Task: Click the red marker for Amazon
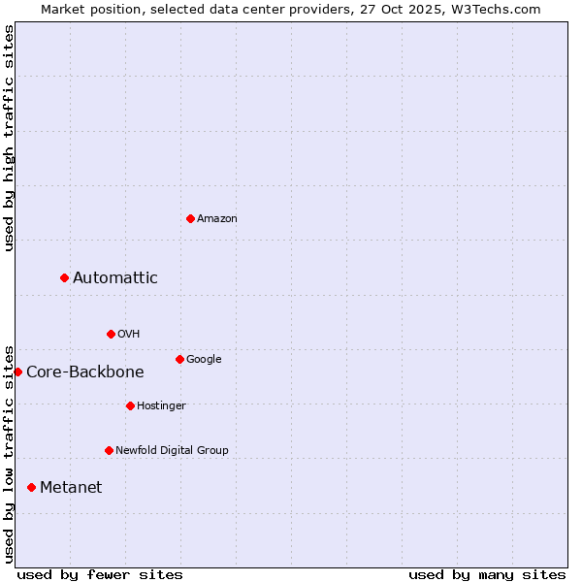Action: click(190, 218)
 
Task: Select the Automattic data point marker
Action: click(65, 278)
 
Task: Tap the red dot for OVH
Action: click(111, 334)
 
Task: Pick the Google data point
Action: click(179, 359)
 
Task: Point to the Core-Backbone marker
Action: click(17, 372)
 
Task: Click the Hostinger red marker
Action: click(130, 405)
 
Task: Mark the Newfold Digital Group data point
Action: click(109, 450)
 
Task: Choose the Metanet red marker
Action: click(31, 487)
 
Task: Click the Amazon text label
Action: click(217, 219)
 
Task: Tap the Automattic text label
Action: click(115, 278)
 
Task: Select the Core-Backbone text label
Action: click(85, 372)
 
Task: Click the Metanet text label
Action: click(71, 488)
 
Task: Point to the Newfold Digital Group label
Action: click(173, 450)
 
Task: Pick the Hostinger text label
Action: click(161, 405)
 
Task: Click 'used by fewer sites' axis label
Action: click(100, 574)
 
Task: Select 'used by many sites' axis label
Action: click(487, 574)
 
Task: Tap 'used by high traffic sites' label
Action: click(10, 138)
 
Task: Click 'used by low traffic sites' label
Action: click(10, 454)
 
